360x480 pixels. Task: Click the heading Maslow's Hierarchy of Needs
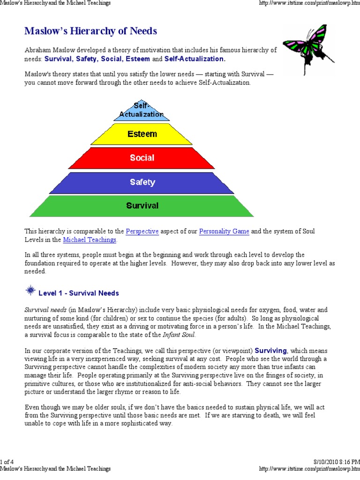(x=90, y=31)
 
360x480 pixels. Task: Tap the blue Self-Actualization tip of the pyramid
(x=142, y=111)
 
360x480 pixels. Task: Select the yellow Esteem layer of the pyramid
(x=142, y=134)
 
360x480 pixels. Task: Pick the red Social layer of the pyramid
(x=142, y=157)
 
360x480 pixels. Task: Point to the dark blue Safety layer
(x=142, y=182)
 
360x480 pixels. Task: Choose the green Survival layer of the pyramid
(x=142, y=205)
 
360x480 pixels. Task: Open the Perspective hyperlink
(x=142, y=232)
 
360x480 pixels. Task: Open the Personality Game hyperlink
(x=224, y=232)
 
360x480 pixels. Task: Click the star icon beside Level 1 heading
(x=30, y=291)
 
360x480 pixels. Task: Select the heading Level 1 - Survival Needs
(x=79, y=293)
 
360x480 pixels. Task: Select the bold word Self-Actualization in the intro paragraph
(x=194, y=59)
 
